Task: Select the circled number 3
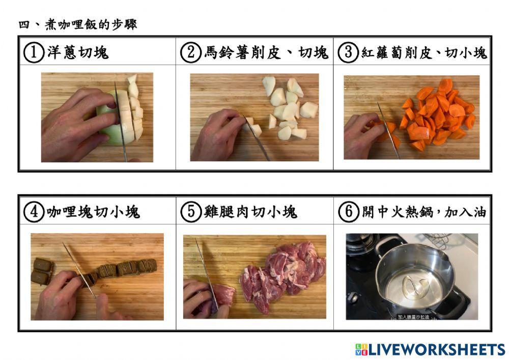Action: (x=349, y=52)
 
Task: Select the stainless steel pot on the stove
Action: (x=412, y=278)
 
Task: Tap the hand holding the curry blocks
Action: (x=56, y=295)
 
